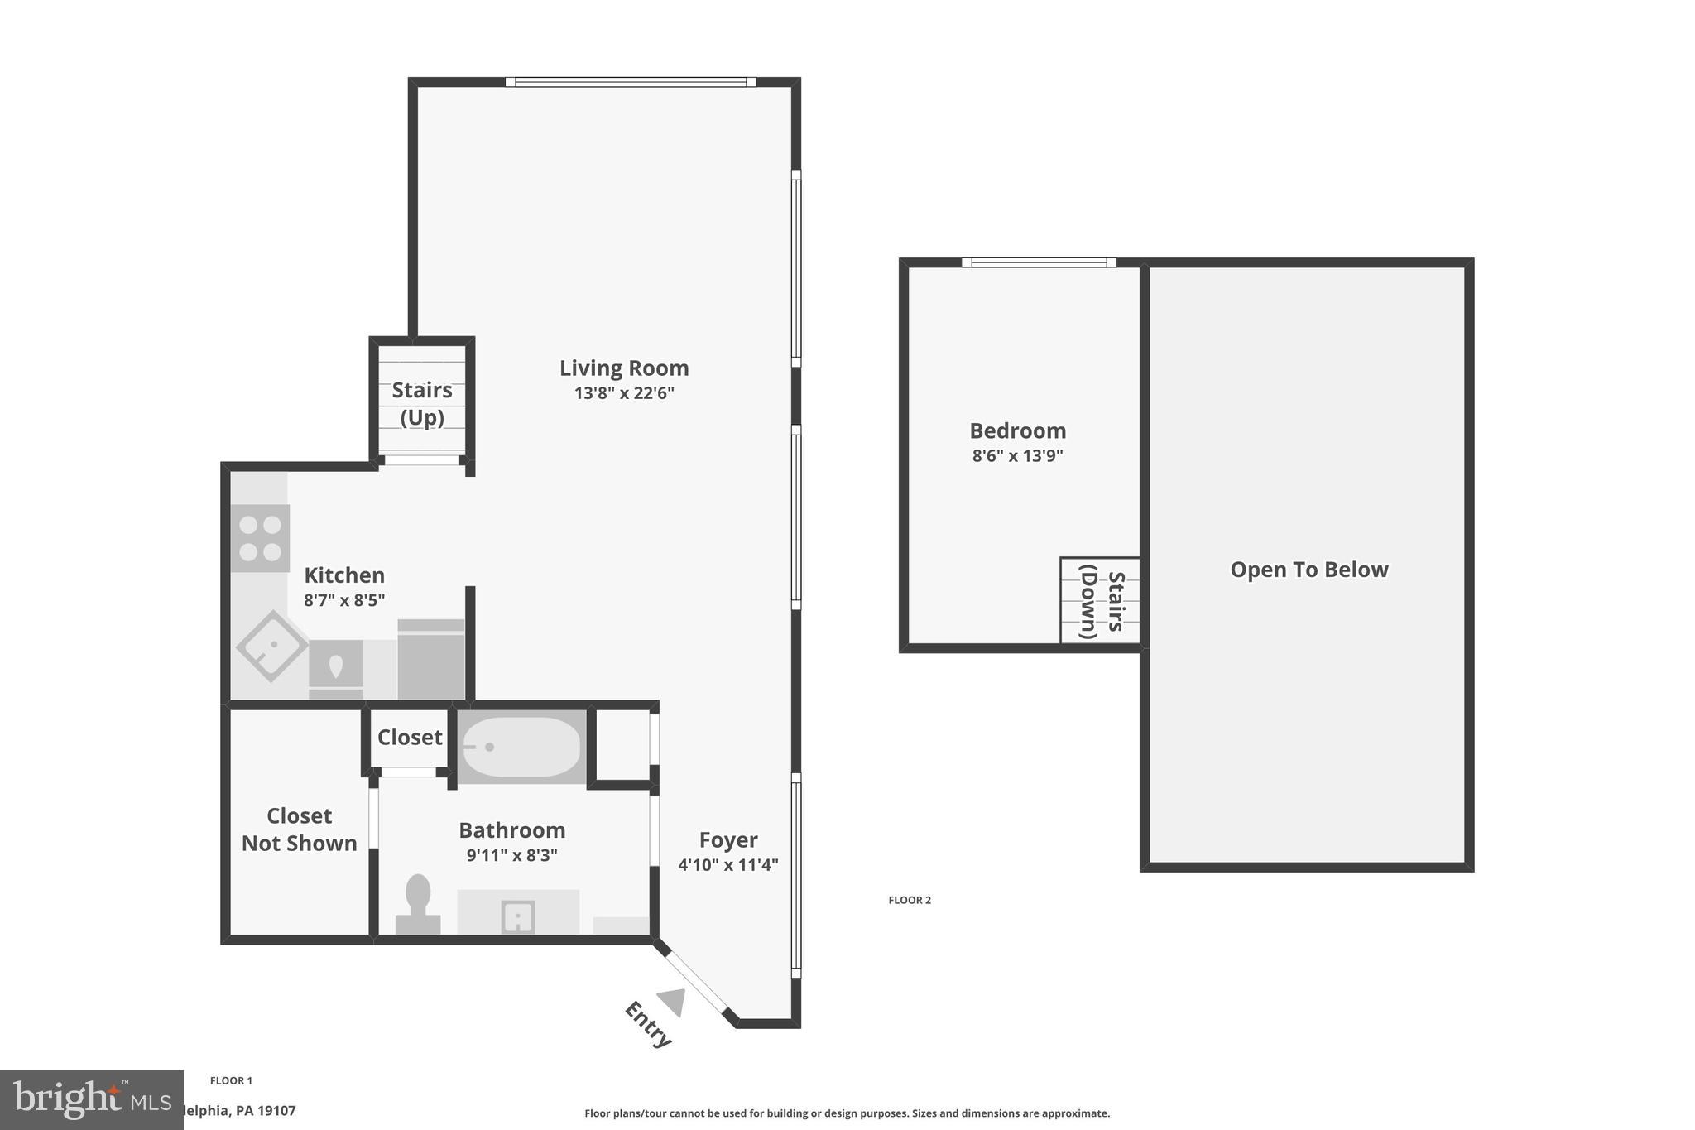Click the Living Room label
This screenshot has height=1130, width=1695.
[x=624, y=368]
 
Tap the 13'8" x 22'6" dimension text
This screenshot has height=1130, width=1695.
[x=624, y=393]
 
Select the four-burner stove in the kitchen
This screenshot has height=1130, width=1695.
[x=260, y=538]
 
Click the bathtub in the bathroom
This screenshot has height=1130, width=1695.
[x=521, y=747]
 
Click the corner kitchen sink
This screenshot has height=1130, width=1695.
[x=272, y=647]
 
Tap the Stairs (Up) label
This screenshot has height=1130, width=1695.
[x=422, y=403]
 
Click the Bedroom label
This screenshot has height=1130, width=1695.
[x=1017, y=431]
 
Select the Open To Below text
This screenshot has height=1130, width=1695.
[x=1308, y=570]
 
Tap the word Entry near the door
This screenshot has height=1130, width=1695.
[x=647, y=1024]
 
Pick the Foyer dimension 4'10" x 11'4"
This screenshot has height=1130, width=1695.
[x=728, y=865]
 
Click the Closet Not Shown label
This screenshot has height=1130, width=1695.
[x=299, y=829]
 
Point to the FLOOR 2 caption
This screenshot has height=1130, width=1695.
[x=910, y=900]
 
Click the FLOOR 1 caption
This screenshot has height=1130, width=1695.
[x=231, y=1080]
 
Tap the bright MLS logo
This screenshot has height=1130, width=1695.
[x=91, y=1099]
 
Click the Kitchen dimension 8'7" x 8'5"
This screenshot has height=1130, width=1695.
[x=344, y=600]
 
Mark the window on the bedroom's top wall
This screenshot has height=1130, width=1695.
[x=1039, y=262]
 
